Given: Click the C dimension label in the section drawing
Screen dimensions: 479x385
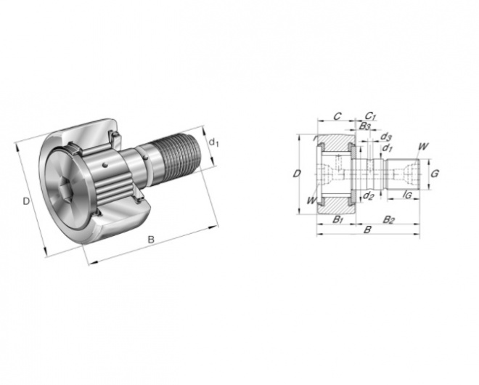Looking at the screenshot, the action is point(337,116).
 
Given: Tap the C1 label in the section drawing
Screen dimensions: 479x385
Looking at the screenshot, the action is point(370,116).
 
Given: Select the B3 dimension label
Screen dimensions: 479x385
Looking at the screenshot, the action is point(365,126).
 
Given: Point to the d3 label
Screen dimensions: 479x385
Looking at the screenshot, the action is point(386,137).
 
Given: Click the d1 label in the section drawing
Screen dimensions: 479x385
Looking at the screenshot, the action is point(388,148).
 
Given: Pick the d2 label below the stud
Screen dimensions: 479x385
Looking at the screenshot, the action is point(369,195).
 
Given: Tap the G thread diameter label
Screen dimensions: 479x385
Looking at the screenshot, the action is point(435,174).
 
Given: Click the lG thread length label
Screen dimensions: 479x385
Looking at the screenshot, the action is point(407,195).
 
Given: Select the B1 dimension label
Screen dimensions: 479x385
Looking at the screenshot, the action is point(338,219).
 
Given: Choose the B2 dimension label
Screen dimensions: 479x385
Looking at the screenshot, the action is point(388,219).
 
